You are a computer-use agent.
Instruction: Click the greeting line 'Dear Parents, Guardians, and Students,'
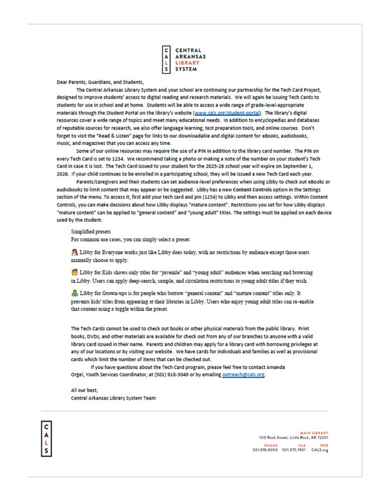(x=101, y=82)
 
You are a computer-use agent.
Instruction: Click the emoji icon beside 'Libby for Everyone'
(x=74, y=251)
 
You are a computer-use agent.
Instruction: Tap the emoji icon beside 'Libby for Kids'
(x=74, y=272)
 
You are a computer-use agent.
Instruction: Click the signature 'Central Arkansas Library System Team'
(x=114, y=398)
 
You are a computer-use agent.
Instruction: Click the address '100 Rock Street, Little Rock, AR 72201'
(x=294, y=437)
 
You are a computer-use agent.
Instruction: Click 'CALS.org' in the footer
(x=319, y=450)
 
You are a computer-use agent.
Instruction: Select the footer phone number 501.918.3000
(x=265, y=450)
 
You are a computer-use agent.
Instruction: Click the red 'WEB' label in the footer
(x=324, y=445)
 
